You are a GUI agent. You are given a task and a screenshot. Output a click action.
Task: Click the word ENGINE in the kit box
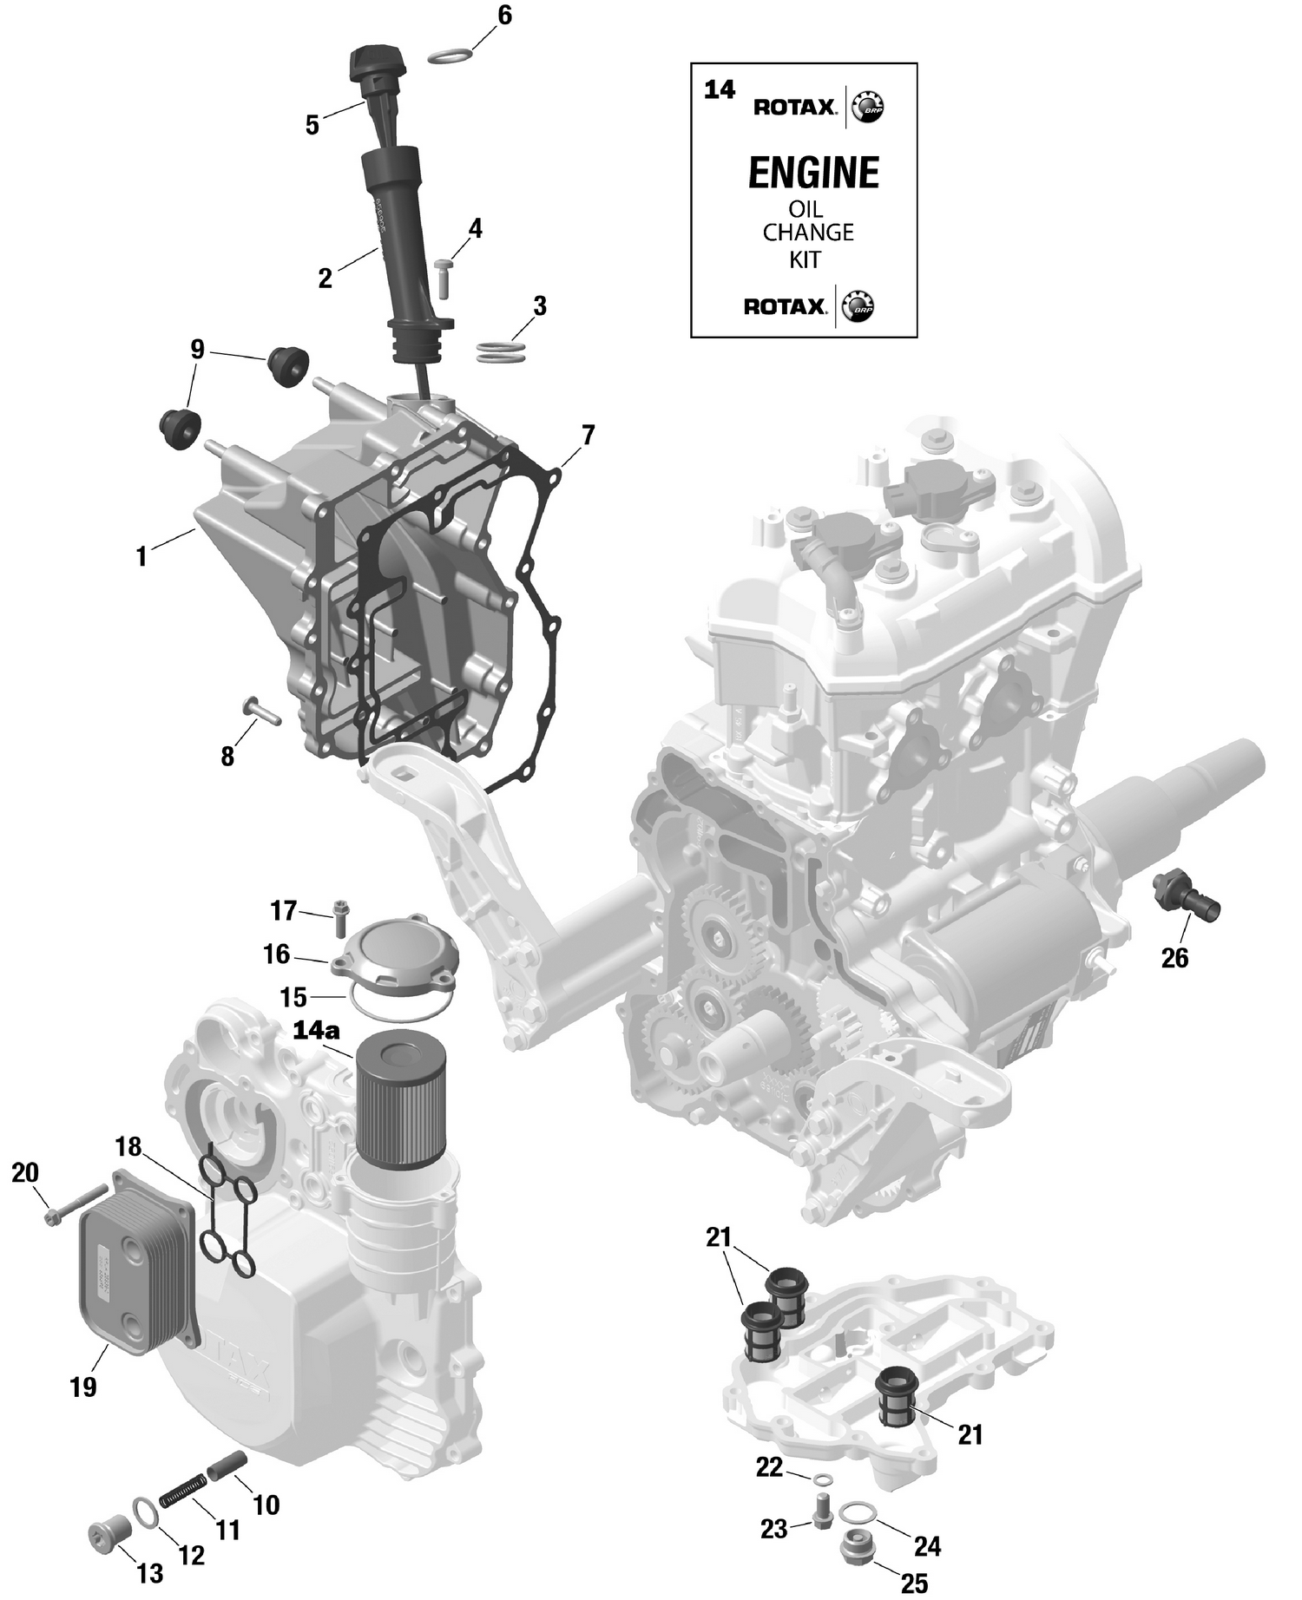click(813, 174)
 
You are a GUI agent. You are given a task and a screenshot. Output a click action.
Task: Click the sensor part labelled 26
click(1187, 898)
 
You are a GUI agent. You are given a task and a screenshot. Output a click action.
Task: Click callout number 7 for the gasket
click(588, 435)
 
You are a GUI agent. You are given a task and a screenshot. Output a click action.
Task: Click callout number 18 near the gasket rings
click(128, 1147)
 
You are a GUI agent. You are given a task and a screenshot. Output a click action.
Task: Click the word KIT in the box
click(805, 259)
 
